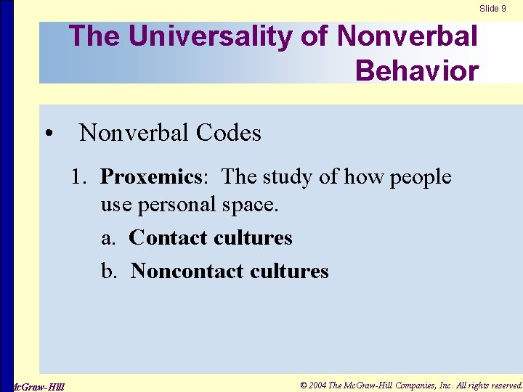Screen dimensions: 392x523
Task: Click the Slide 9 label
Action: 492,9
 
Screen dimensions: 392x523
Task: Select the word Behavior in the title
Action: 417,70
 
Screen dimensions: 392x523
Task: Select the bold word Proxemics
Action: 150,177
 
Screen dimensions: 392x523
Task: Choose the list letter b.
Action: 108,271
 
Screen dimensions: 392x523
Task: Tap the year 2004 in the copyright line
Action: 318,385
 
